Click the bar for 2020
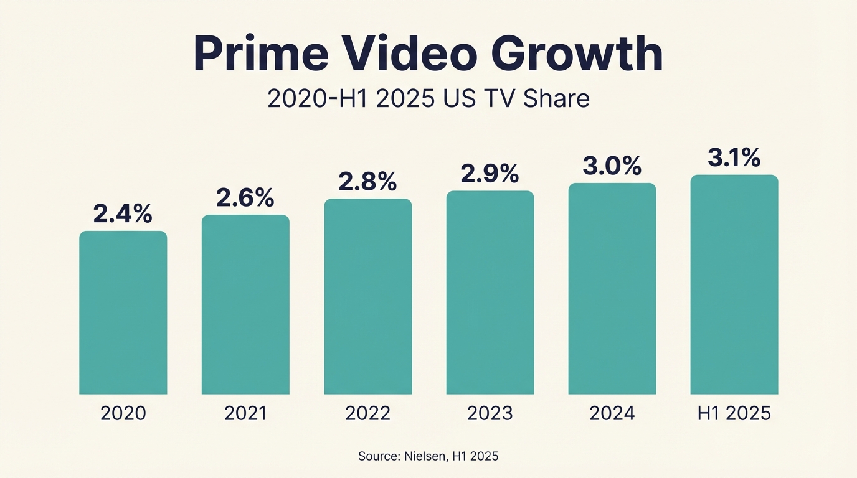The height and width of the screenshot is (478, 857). pos(123,312)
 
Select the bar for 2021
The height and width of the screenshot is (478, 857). pos(245,304)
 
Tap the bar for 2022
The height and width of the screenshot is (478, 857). pos(367,296)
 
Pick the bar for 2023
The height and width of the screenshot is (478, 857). pos(490,293)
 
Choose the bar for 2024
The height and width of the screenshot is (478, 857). pos(612,288)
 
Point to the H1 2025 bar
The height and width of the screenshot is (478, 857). pos(734,284)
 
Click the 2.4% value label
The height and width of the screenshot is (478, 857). pos(123,213)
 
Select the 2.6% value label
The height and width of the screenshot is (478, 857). pos(245,197)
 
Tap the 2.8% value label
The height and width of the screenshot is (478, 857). pos(367,181)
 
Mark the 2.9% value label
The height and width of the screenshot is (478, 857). pos(490,174)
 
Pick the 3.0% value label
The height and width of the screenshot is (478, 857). pos(612,166)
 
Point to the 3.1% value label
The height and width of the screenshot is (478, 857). pos(734,157)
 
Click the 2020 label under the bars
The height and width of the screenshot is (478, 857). pos(123,413)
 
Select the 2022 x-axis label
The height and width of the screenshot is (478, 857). pos(367,413)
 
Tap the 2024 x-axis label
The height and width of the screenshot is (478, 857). pos(612,413)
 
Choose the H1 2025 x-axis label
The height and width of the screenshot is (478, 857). pos(734,413)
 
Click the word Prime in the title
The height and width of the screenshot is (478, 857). pos(261,54)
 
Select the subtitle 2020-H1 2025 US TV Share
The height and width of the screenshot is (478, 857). pos(429,99)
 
